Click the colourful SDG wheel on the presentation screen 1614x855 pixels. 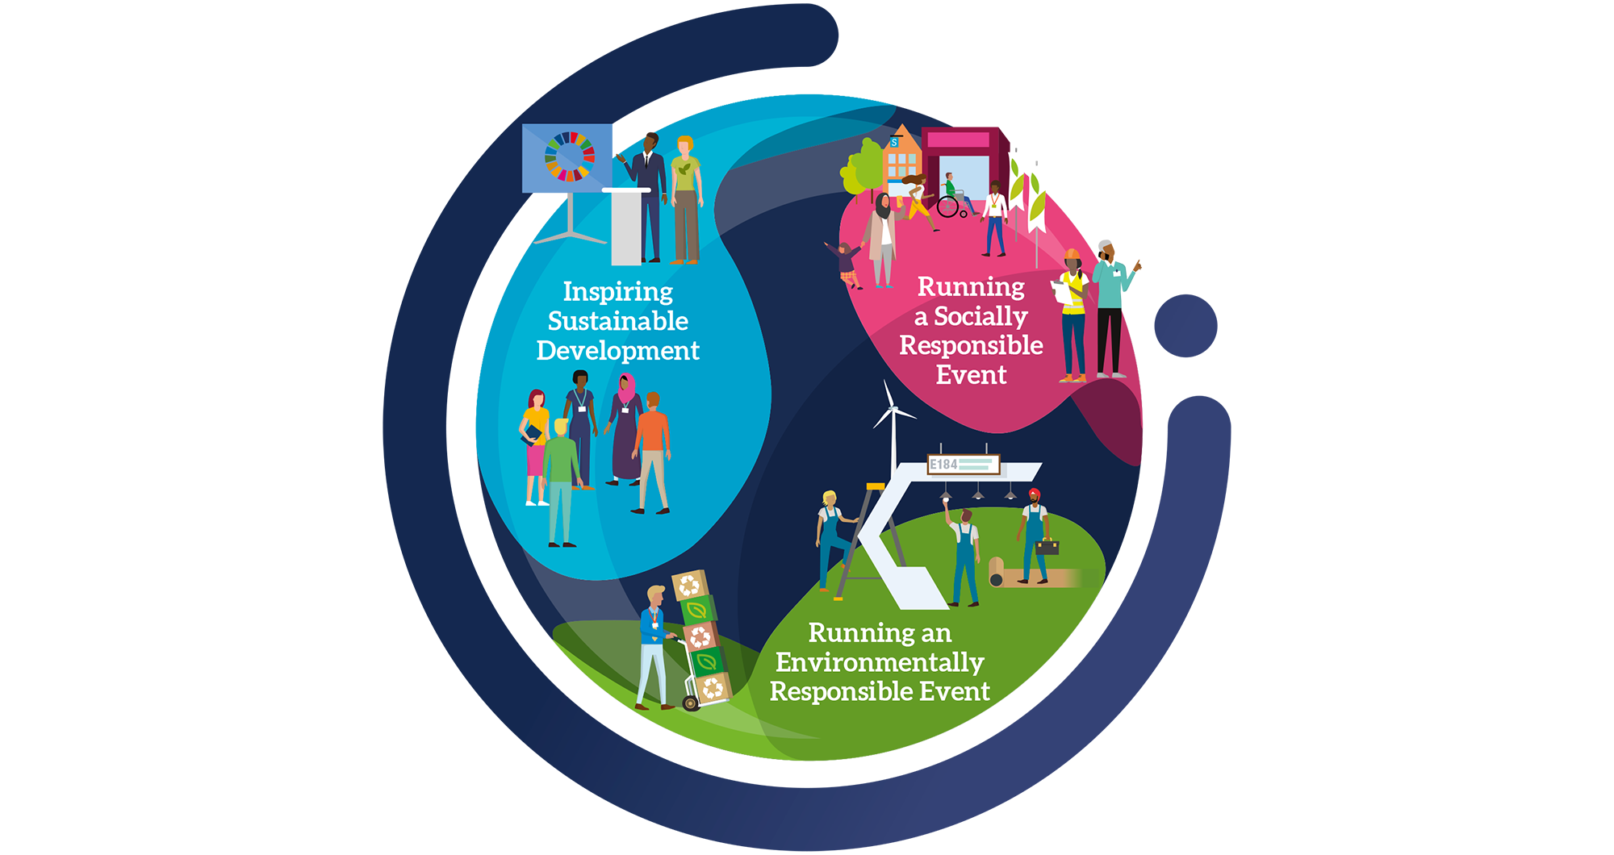point(570,156)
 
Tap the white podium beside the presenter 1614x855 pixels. point(626,226)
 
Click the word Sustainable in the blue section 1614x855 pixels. point(618,321)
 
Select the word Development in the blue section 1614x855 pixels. point(618,351)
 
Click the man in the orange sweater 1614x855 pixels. point(653,452)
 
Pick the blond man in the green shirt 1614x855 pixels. point(560,480)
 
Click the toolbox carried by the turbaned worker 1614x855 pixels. point(1047,547)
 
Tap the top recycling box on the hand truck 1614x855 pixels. point(689,585)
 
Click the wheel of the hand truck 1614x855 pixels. point(691,703)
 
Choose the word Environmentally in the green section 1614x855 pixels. point(880,662)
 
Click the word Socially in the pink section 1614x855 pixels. point(981,316)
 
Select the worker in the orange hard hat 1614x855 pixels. point(1073,315)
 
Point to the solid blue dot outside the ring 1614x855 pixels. point(1185,325)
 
